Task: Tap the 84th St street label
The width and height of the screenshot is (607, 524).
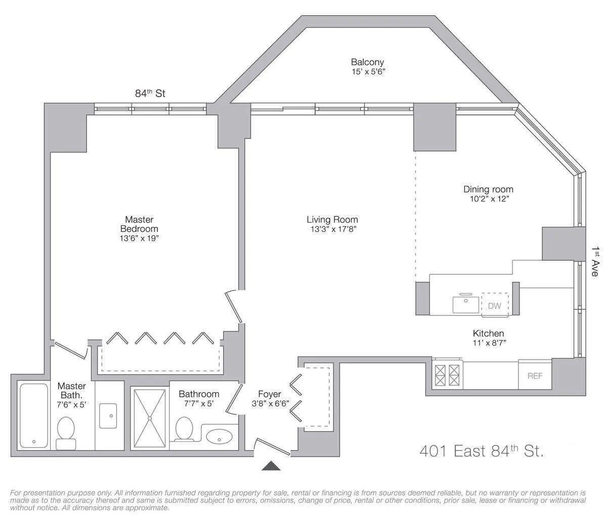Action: (150, 93)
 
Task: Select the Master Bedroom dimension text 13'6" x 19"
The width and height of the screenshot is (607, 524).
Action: (139, 238)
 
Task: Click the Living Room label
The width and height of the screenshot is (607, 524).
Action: (332, 220)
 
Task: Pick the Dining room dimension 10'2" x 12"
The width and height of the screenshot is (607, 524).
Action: (488, 199)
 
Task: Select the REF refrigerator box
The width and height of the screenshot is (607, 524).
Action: (535, 376)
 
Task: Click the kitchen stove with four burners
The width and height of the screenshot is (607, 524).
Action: (448, 375)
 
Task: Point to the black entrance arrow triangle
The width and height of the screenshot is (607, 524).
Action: (271, 466)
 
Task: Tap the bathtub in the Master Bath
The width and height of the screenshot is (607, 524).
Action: (33, 415)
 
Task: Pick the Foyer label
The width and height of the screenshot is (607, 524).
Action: (269, 394)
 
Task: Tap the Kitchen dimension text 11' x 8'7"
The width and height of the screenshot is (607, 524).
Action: (488, 343)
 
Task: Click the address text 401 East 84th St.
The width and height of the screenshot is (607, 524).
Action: (482, 451)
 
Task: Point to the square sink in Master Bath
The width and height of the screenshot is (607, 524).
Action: (108, 415)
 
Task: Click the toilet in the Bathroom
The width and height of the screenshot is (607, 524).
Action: (183, 430)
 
